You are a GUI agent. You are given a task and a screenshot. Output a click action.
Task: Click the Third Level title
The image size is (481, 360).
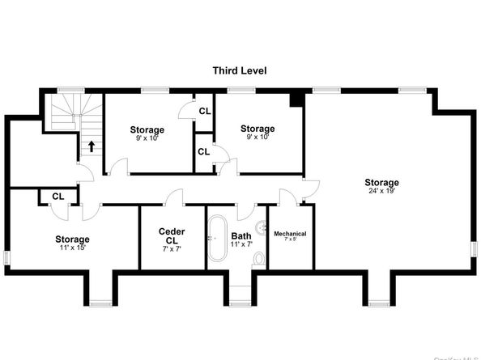[240, 71]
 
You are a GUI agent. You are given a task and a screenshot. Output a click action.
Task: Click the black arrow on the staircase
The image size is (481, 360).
[91, 146]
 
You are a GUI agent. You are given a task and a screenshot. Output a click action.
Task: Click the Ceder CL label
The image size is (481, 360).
[171, 235]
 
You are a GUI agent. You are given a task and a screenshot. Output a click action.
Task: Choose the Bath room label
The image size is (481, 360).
[241, 237]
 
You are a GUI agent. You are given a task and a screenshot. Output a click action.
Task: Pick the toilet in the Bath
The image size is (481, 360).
[258, 259]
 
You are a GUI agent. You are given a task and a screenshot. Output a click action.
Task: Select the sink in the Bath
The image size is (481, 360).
[262, 227]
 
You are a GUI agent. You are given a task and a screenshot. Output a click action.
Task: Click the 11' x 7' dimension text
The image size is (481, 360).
[241, 244]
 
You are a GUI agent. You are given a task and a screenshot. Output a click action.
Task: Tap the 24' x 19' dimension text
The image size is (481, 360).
[381, 191]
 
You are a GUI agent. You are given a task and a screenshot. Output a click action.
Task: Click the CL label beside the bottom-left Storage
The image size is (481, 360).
[57, 196]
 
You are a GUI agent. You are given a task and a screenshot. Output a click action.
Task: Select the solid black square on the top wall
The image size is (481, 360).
[296, 99]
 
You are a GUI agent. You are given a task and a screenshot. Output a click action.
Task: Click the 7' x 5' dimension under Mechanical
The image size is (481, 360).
[290, 240]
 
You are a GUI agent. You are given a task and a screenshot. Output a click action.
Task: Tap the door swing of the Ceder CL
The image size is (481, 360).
[173, 198]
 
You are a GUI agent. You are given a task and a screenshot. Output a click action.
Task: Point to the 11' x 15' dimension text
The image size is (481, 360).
[72, 248]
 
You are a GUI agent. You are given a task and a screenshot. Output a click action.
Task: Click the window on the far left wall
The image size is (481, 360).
[6, 256]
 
